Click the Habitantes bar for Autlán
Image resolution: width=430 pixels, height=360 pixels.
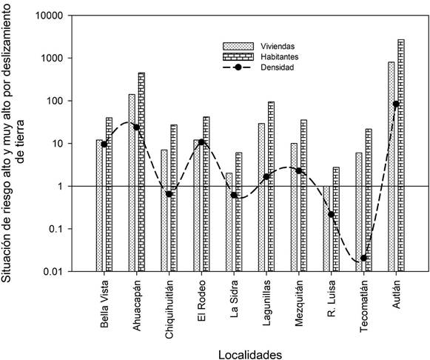point(401,156)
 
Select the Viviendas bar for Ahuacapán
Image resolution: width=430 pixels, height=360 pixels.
point(132,183)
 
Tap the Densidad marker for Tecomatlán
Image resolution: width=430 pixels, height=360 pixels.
point(363,258)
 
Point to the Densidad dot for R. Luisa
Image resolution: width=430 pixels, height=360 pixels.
point(332,215)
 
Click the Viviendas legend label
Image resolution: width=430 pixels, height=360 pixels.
point(278,46)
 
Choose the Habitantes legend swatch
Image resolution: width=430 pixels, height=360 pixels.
point(238,57)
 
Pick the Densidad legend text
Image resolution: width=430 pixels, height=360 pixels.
point(278,67)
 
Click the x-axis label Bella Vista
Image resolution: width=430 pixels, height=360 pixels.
point(104,304)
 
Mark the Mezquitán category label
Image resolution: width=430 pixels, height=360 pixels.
point(299,303)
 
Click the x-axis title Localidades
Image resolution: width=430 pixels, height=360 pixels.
point(250,355)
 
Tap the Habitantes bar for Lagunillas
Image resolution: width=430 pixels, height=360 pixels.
point(271,187)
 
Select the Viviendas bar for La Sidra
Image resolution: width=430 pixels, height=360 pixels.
point(229,222)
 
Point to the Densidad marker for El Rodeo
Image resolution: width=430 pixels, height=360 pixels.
point(201,142)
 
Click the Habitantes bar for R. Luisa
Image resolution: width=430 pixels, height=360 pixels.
point(336,219)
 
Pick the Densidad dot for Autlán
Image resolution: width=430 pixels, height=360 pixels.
point(396,104)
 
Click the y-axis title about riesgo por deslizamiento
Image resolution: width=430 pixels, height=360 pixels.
point(13,143)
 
